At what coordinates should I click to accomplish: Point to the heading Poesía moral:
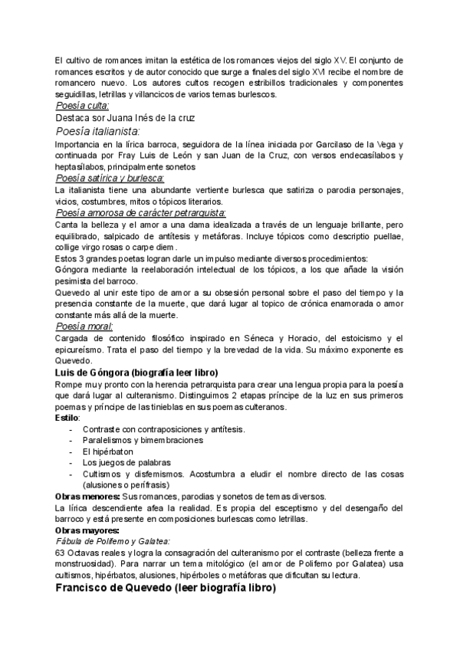[x=85, y=327]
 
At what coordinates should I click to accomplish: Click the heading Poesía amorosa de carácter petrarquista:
[x=141, y=213]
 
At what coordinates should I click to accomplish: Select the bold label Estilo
[x=67, y=419]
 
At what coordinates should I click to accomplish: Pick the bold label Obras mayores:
[x=87, y=530]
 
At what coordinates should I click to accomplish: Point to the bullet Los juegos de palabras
[x=127, y=463]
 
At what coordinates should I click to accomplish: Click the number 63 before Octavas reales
[x=61, y=553]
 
